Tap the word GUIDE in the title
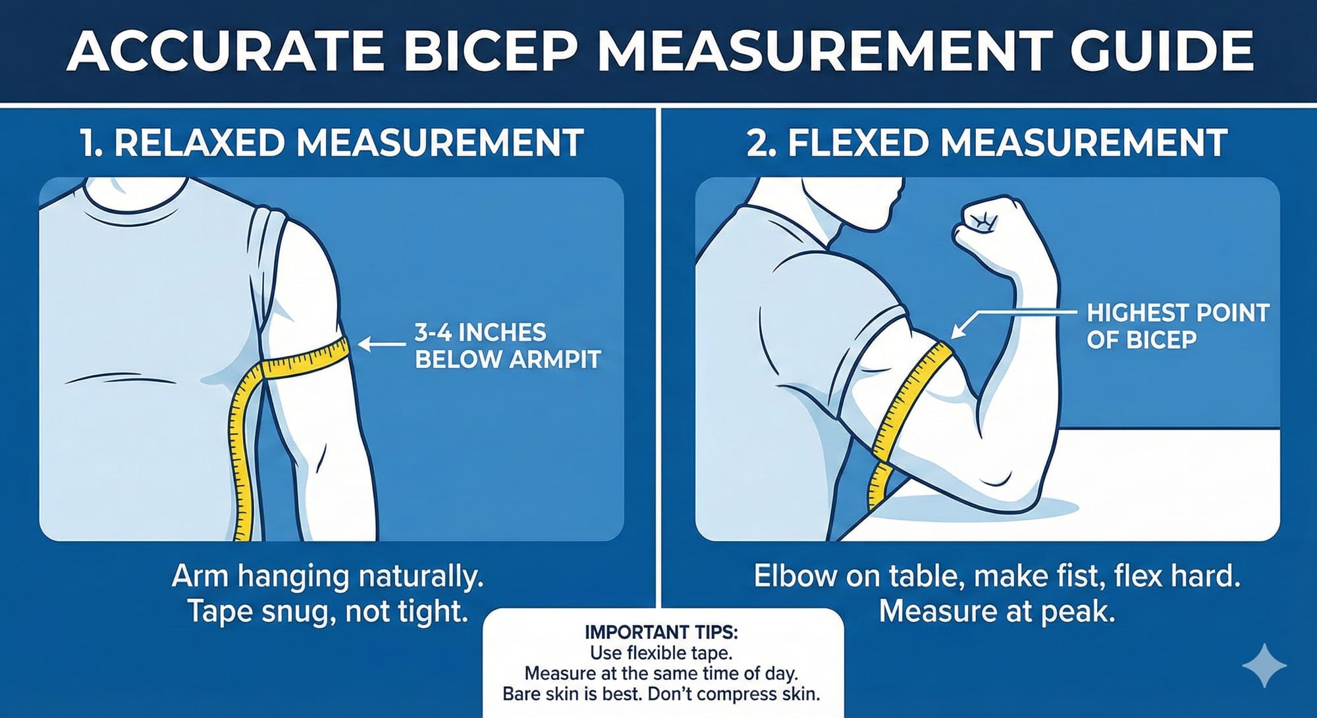pyautogui.click(x=1161, y=51)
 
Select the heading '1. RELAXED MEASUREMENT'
pyautogui.click(x=331, y=143)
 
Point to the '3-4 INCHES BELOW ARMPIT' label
pyautogui.click(x=507, y=346)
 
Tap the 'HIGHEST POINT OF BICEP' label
pyautogui.click(x=1177, y=326)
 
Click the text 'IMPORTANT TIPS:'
pyautogui.click(x=661, y=632)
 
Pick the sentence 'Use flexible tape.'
pyautogui.click(x=661, y=653)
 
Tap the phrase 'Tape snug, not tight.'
pyautogui.click(x=327, y=611)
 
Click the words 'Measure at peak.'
pyautogui.click(x=996, y=611)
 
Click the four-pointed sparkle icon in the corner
pyautogui.click(x=1264, y=665)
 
